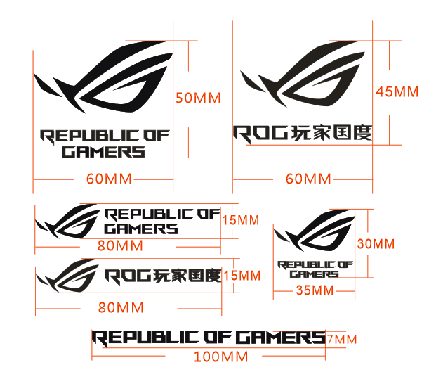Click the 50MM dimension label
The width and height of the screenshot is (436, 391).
click(x=198, y=98)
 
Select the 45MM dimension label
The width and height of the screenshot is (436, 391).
click(x=397, y=91)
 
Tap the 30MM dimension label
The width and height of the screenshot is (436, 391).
click(x=376, y=244)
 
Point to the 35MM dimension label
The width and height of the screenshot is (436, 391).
click(x=314, y=290)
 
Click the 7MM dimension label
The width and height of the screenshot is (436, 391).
click(x=342, y=340)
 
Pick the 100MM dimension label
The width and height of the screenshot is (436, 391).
click(x=221, y=357)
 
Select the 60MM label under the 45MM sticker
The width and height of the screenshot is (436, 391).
click(x=308, y=179)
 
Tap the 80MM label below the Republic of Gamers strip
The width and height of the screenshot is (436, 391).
click(x=120, y=245)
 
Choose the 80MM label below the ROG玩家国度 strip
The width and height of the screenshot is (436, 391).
click(x=121, y=307)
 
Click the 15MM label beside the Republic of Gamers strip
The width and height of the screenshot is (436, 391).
click(x=241, y=220)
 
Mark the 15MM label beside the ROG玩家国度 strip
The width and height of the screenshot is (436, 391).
click(x=241, y=275)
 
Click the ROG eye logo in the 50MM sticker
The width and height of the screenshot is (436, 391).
click(x=105, y=77)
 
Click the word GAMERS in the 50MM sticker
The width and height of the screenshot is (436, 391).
click(x=103, y=152)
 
